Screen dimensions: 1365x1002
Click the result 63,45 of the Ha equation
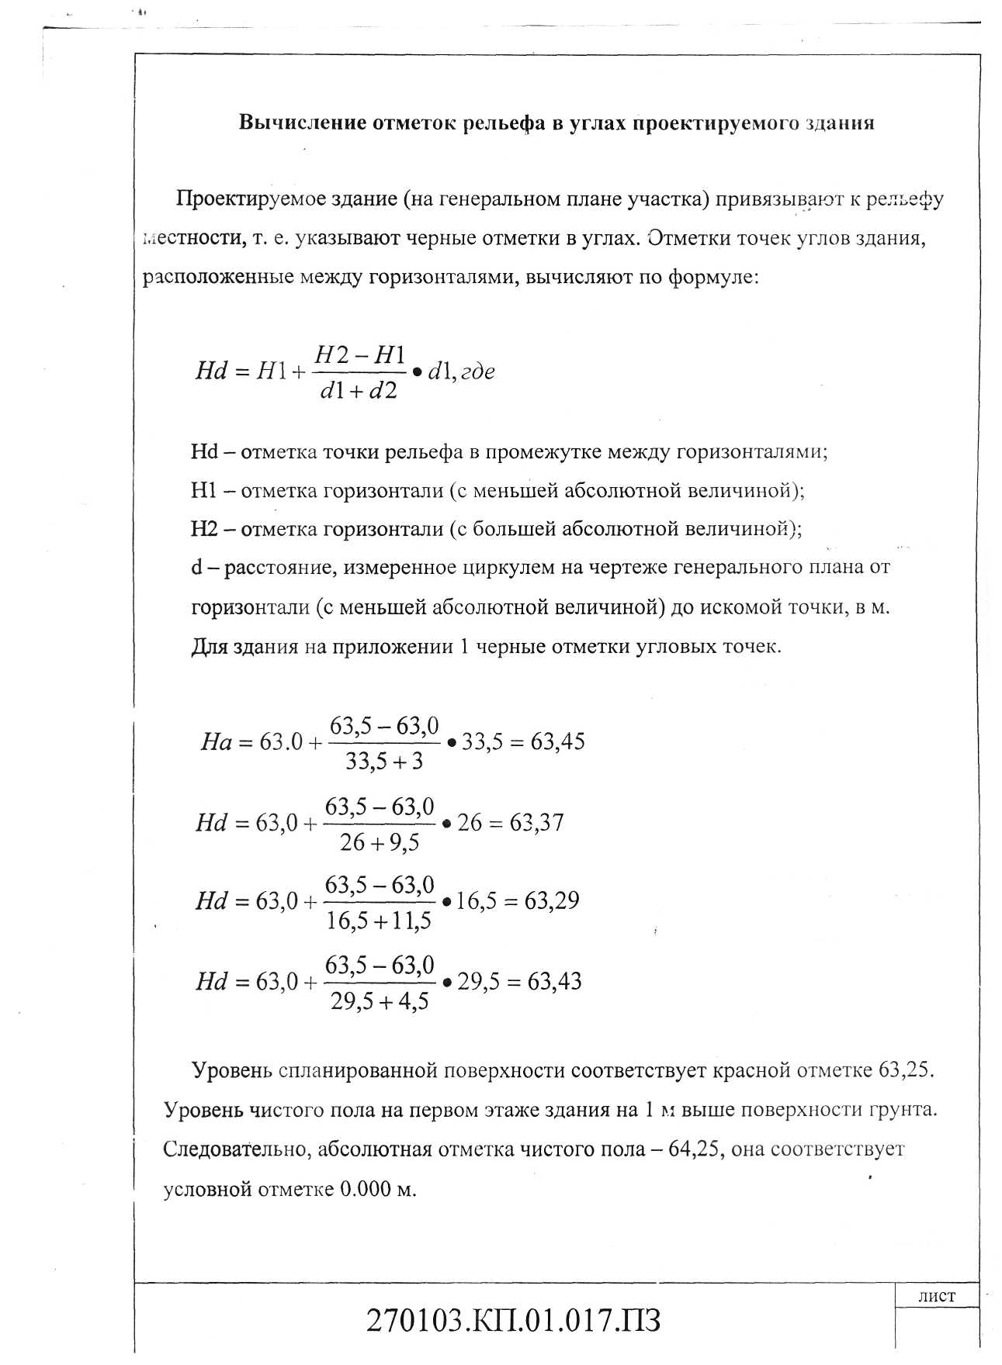[557, 742]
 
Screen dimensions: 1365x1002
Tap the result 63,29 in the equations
[552, 901]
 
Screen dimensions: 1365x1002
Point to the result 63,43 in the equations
[554, 982]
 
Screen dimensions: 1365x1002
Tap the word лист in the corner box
[937, 1296]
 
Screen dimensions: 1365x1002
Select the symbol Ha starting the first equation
[217, 743]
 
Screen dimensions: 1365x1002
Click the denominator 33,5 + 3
[384, 762]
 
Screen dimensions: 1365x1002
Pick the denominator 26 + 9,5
[380, 842]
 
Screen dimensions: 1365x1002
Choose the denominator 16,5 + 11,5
[379, 921]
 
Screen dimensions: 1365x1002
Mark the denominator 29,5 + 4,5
[380, 1002]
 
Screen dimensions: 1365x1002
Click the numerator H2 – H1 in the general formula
[359, 355]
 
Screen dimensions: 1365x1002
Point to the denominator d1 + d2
[358, 391]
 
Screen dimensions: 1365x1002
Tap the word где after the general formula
[478, 372]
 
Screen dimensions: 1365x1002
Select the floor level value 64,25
[696, 1149]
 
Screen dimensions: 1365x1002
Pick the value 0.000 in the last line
[366, 1189]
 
